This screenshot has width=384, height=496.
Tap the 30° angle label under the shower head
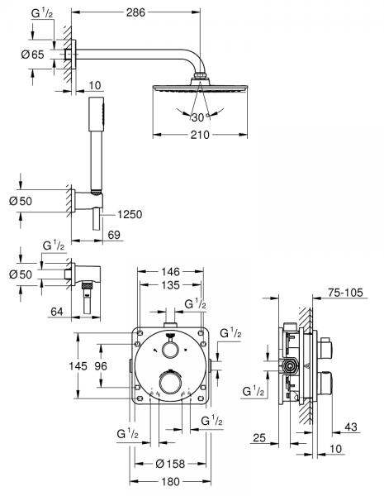pos(196,116)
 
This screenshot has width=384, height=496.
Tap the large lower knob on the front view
pos(170,382)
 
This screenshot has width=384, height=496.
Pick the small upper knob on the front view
pos(170,350)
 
